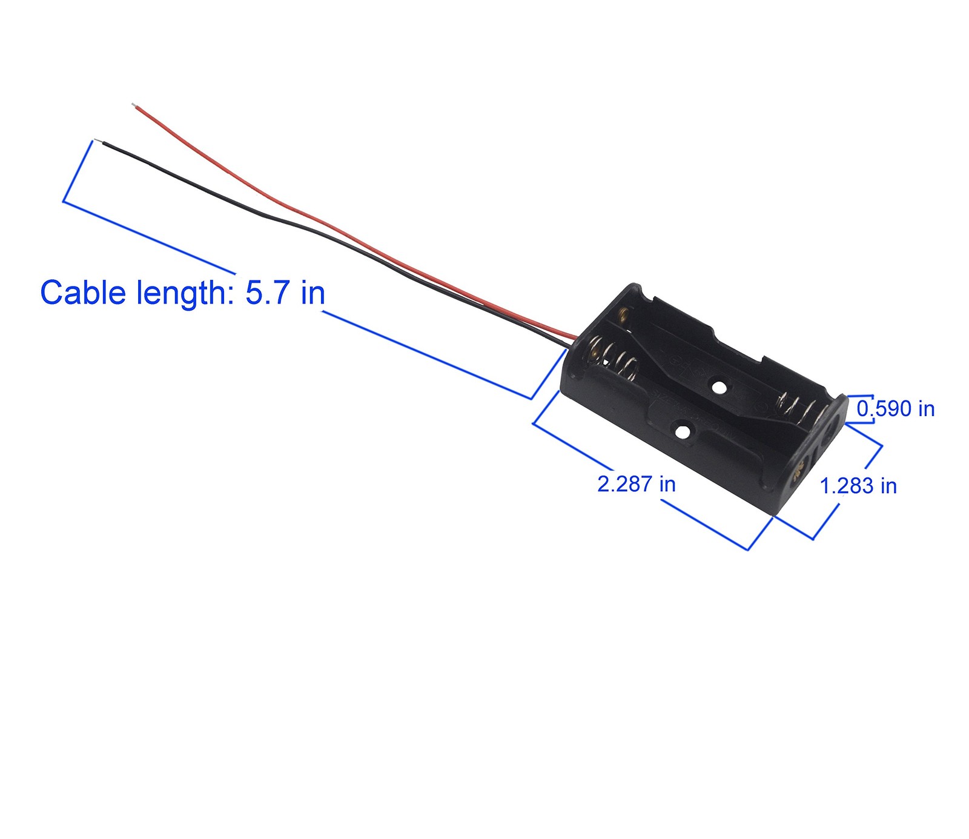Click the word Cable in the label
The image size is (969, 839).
[x=83, y=293]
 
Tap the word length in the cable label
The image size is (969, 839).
[x=181, y=293]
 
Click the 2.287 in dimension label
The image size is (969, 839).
[x=636, y=484]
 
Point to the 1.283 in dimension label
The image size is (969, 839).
[x=858, y=486]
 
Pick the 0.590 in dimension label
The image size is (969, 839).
[x=895, y=409]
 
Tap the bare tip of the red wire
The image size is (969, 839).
[x=134, y=106]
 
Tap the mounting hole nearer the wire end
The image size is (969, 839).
[x=719, y=386]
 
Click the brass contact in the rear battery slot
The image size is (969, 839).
[x=623, y=314]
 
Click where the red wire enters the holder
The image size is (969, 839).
[x=575, y=337]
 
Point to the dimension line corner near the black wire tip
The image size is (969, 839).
[x=64, y=201]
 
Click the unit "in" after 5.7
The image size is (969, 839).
[x=313, y=293]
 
